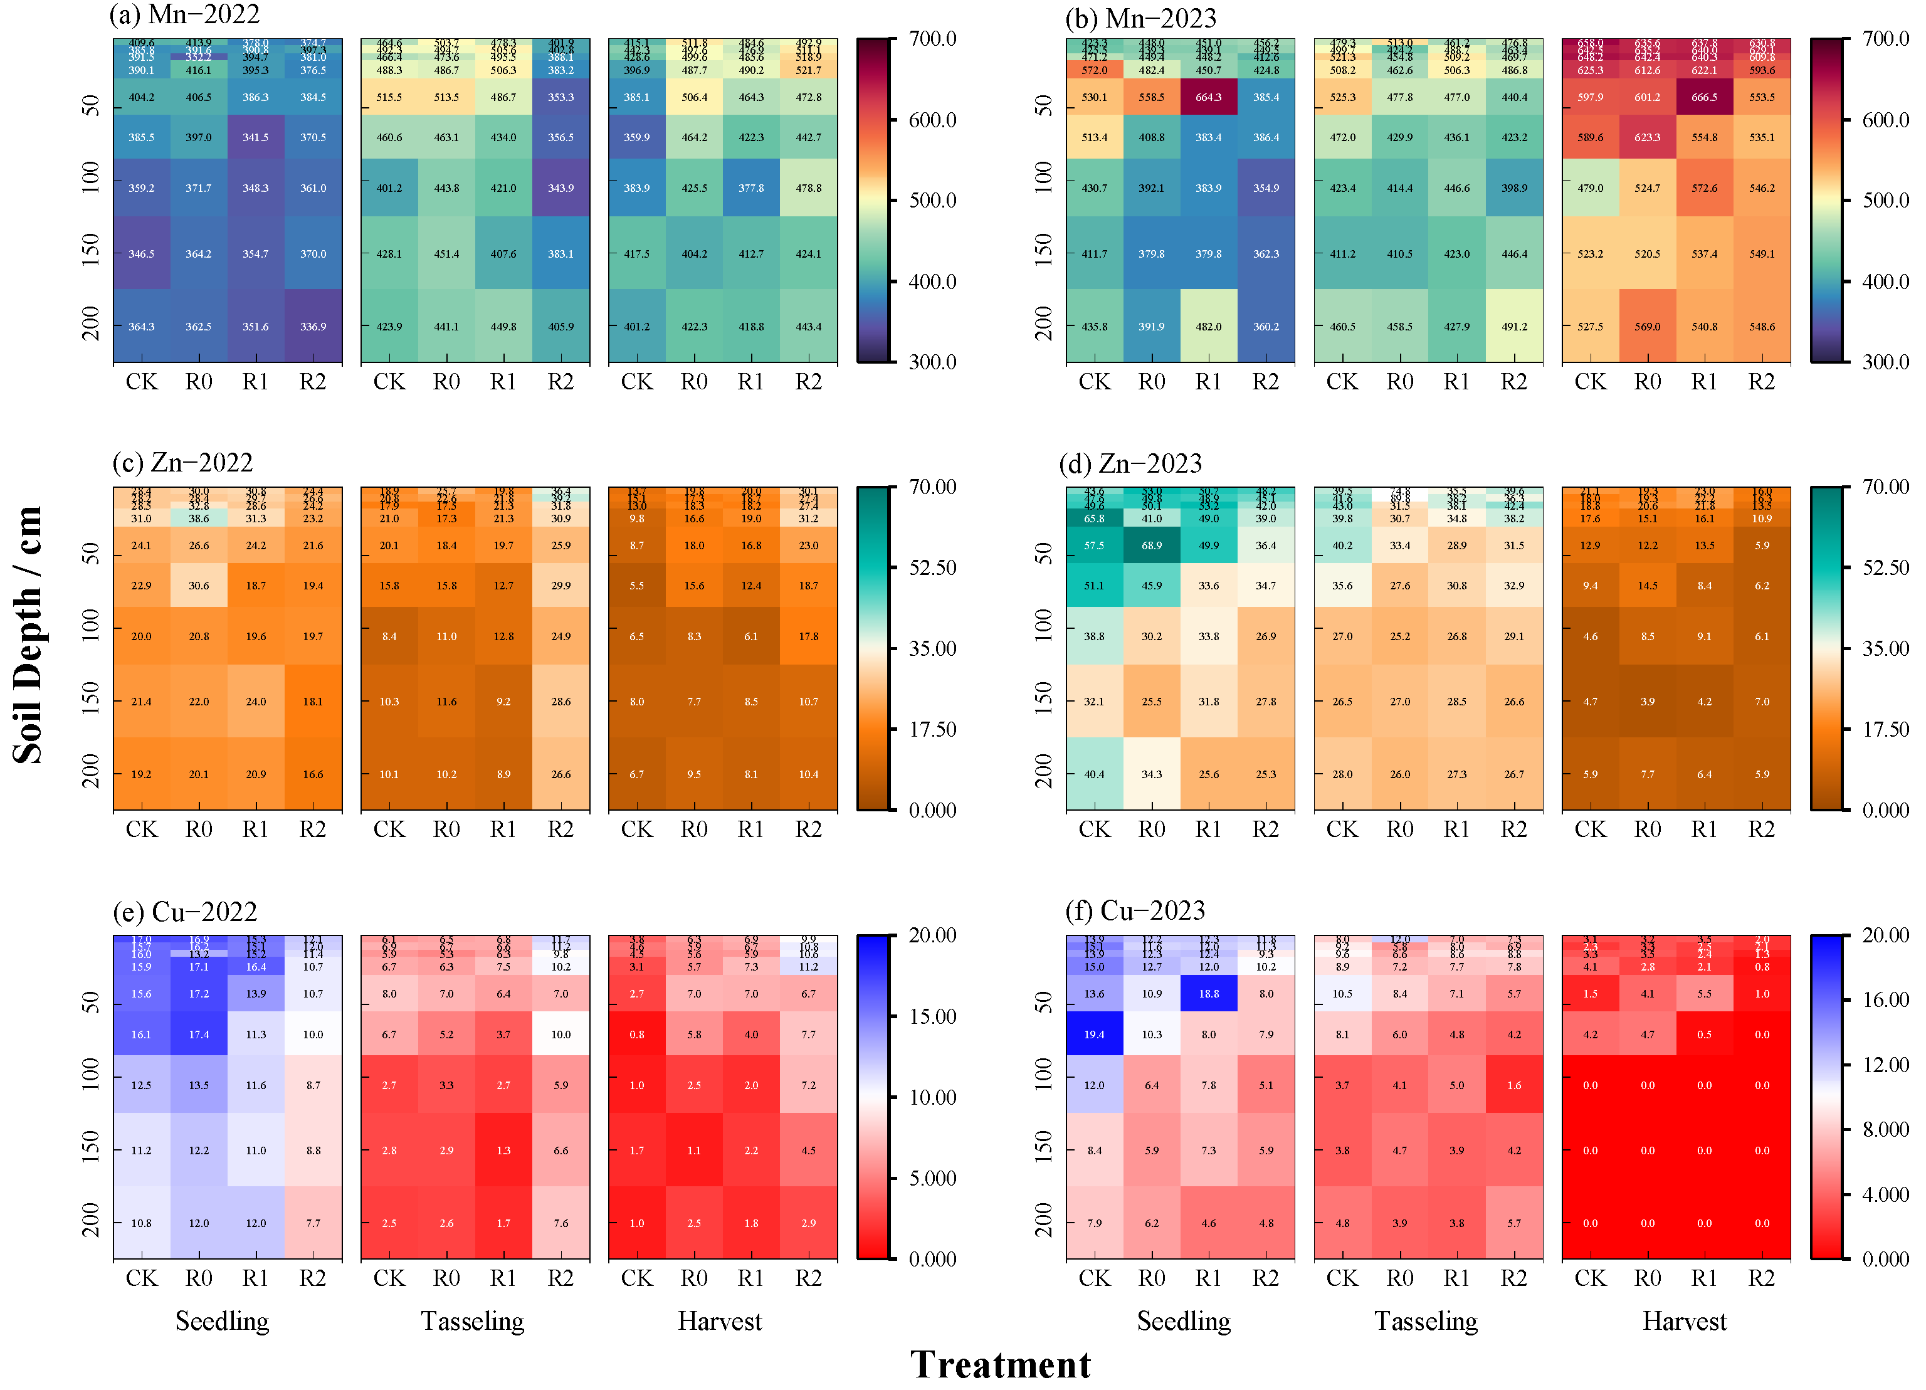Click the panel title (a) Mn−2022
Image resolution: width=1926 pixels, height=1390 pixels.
[184, 14]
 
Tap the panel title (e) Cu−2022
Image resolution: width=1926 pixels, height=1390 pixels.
[184, 912]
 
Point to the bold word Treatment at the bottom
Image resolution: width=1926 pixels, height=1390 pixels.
[1001, 1364]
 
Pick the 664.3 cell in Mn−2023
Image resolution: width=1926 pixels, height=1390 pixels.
[1208, 98]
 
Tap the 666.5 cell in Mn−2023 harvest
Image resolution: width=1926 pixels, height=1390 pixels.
[1703, 98]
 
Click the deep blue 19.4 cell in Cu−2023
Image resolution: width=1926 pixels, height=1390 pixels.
[1094, 1035]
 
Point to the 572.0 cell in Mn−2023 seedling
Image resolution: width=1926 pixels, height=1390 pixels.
[1094, 70]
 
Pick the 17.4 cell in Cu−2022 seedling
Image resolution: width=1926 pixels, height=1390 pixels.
[199, 1035]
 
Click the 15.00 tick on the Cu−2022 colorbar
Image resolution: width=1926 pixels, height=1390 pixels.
[932, 1016]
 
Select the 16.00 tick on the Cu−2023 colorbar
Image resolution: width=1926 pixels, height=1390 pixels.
[1885, 1000]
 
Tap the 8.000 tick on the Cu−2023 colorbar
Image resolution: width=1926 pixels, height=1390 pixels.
[1885, 1129]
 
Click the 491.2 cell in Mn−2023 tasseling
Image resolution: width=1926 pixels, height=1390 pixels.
[1513, 327]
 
